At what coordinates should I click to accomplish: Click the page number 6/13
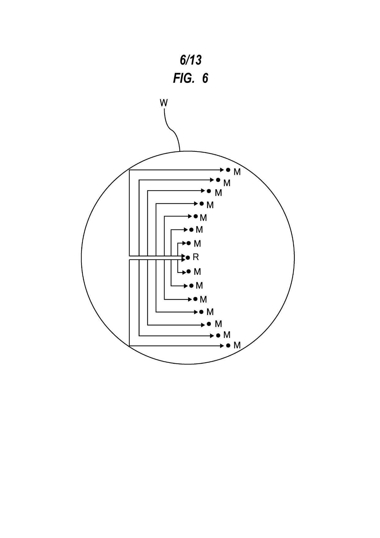point(190,60)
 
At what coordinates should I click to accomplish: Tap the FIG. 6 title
point(190,79)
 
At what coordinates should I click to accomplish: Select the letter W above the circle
point(164,103)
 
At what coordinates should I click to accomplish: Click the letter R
point(196,257)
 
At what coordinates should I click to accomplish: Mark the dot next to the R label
point(188,258)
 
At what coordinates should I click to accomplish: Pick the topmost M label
point(237,172)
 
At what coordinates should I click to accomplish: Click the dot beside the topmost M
point(228,170)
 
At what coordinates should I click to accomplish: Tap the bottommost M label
point(237,345)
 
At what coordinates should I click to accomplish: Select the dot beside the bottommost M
point(228,345)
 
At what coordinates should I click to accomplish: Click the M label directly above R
point(197,244)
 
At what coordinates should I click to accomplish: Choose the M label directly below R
point(197,271)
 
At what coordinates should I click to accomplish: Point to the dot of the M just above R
point(189,243)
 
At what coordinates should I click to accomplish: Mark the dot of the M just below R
point(189,271)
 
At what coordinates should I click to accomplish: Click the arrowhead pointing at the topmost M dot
point(222,170)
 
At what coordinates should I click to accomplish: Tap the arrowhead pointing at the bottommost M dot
point(222,346)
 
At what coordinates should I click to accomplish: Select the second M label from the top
point(227,183)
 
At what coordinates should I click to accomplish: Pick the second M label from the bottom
point(227,335)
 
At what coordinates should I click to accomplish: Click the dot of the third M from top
point(209,191)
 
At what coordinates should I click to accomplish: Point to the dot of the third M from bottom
point(209,324)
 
